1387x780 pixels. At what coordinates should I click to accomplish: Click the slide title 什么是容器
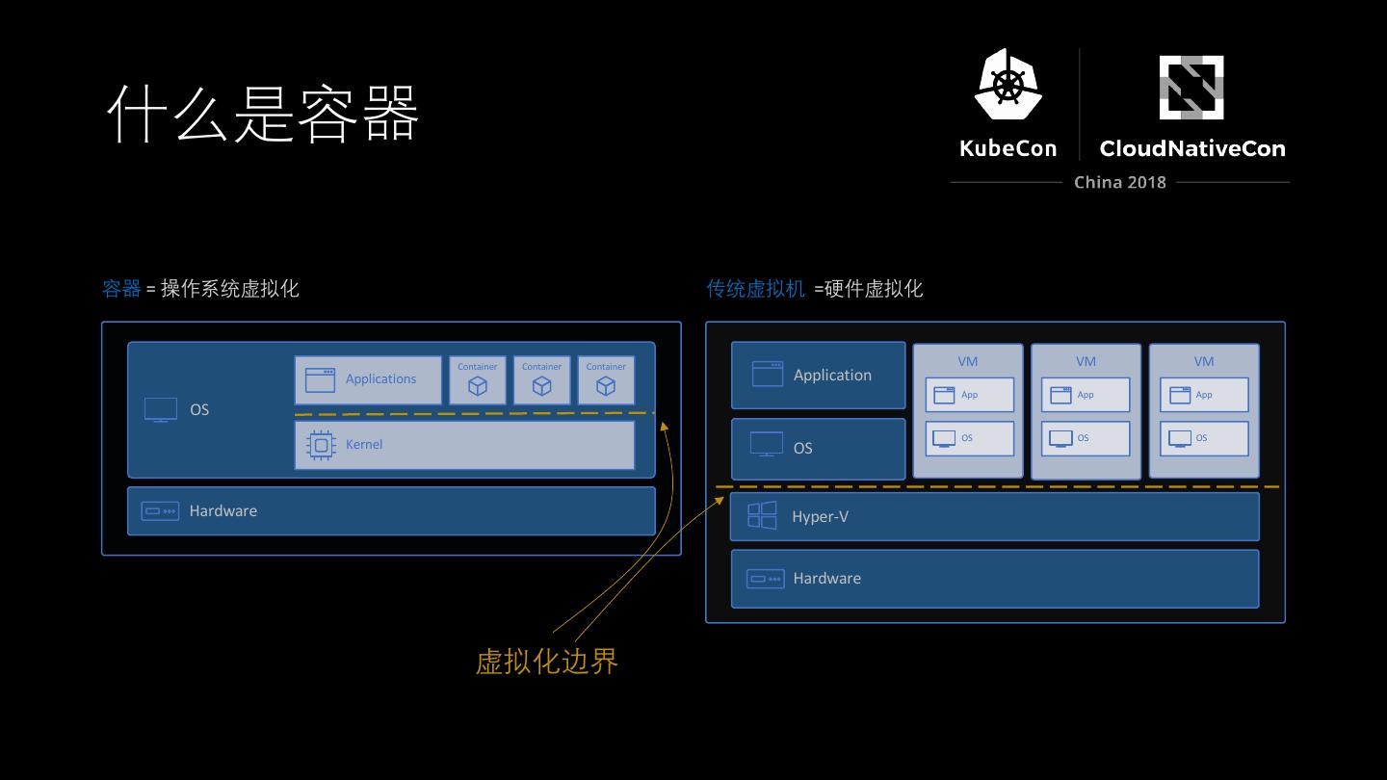[x=262, y=114]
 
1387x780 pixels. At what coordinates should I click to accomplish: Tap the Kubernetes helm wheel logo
[x=1008, y=85]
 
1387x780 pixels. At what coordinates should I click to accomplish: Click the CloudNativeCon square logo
[x=1191, y=87]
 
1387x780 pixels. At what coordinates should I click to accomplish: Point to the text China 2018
[x=1119, y=182]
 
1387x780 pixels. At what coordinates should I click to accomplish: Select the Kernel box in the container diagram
[x=464, y=445]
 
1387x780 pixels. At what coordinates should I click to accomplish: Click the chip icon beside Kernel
[x=321, y=445]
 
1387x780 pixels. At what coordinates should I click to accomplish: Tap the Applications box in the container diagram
[x=368, y=379]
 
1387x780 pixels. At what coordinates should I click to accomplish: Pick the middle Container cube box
[x=541, y=380]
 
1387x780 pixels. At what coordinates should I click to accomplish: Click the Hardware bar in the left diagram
[x=391, y=510]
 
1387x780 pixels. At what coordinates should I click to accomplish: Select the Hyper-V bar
[x=995, y=517]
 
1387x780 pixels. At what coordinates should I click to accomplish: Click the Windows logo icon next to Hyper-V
[x=762, y=516]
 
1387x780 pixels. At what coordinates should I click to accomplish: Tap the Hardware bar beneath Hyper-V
[x=995, y=579]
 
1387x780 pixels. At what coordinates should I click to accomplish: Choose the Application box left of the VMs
[x=819, y=376]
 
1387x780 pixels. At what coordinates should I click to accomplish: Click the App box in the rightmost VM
[x=1204, y=395]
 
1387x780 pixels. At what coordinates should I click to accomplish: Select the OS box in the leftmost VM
[x=970, y=438]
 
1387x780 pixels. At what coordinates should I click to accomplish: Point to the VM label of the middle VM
[x=1086, y=361]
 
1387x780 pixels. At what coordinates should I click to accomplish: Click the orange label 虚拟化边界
[x=546, y=662]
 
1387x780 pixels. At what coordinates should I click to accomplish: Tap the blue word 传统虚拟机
[x=755, y=289]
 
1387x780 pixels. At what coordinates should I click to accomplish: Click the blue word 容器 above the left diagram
[x=121, y=289]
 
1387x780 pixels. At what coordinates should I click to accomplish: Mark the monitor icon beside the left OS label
[x=161, y=409]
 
